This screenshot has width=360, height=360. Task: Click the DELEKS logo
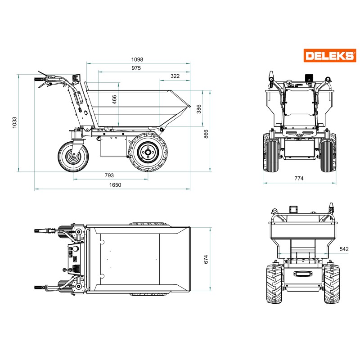point(329,55)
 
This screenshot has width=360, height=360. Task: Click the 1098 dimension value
point(137,59)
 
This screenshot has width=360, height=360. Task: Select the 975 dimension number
point(136,68)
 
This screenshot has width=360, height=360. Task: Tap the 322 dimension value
point(175,76)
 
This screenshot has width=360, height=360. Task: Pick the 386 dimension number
point(198,108)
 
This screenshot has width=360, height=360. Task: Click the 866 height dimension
point(206,134)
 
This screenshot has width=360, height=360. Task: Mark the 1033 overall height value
point(14,123)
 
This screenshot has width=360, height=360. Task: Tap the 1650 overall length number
point(115,184)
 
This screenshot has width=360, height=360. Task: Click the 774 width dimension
point(299,179)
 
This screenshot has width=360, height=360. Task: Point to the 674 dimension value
point(207,260)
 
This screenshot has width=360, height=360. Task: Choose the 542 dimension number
point(344,249)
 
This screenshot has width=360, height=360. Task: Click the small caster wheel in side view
point(72,156)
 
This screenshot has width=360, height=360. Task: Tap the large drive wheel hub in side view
point(148,152)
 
